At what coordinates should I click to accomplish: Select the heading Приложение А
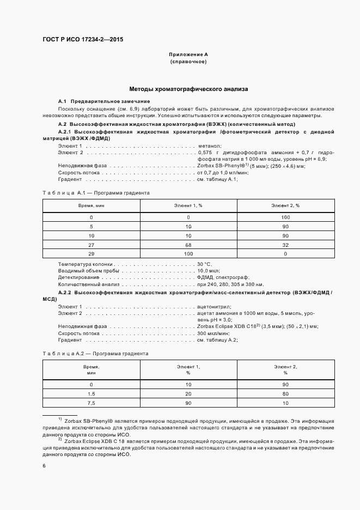188,55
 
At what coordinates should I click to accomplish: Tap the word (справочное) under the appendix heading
188,62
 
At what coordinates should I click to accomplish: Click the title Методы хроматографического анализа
188,88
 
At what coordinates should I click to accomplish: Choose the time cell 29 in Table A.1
91,254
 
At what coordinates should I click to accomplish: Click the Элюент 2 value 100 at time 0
285,217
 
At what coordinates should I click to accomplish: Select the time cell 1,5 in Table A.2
91,393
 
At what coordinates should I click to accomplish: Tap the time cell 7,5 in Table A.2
91,403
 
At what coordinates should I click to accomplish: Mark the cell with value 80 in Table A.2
285,393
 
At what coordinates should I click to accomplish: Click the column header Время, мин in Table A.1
91,205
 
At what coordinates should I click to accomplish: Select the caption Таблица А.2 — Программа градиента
95,353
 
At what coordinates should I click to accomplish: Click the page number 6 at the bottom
44,465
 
